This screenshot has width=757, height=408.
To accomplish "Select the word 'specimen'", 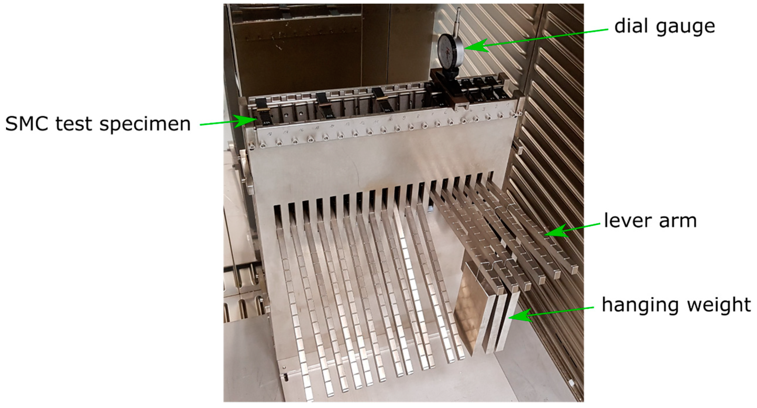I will tap(145, 125).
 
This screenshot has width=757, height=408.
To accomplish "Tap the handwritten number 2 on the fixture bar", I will tap(496, 107).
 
